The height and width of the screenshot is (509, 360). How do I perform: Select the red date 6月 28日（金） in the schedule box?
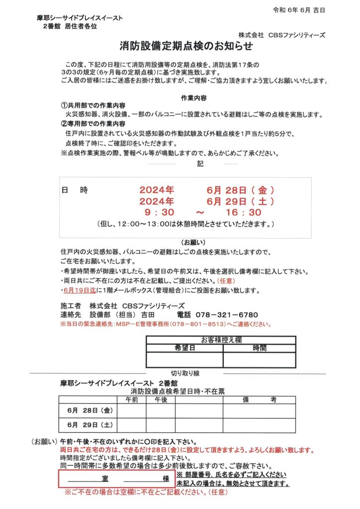(241, 190)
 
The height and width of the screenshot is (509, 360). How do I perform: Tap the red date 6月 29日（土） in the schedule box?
(241, 201)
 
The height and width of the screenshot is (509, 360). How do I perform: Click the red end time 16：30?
(243, 212)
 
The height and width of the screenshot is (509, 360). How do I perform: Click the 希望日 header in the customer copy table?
(184, 348)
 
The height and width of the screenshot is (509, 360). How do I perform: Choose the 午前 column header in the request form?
(132, 400)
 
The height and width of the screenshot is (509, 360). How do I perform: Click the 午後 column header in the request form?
(161, 400)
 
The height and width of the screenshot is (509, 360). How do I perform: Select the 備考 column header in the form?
(259, 400)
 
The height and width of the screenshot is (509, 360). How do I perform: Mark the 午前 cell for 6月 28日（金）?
(132, 411)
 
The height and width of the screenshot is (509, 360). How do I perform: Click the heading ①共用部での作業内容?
(92, 106)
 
